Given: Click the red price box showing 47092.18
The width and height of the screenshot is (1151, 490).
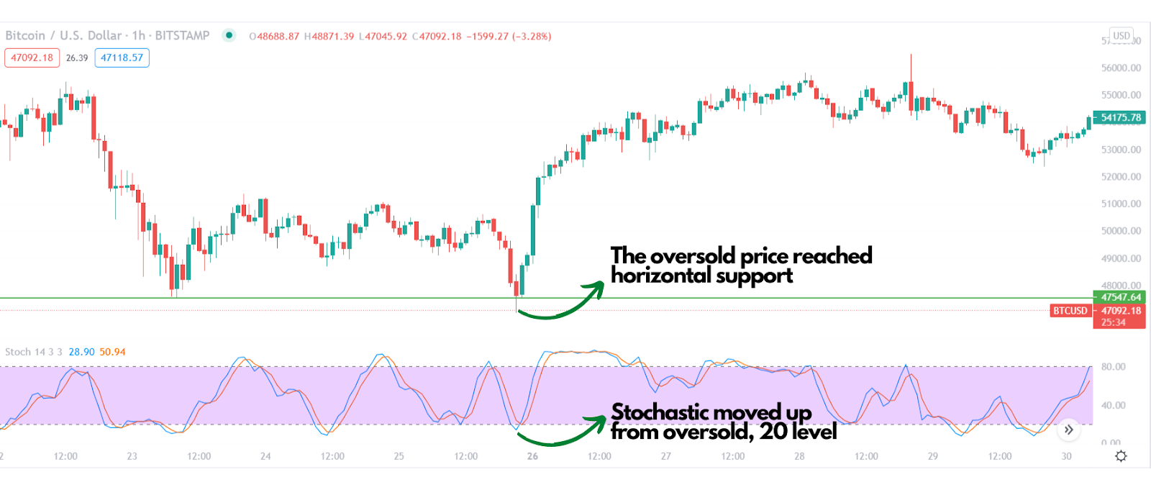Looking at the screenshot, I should coord(32,58).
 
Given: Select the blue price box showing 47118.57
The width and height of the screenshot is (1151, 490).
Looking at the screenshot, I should coord(122,58).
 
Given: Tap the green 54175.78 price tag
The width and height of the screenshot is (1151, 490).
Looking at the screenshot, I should coord(1120,117).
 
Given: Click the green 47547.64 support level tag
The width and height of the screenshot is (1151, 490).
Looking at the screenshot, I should coord(1120,297).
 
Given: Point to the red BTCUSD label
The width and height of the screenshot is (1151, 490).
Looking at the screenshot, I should coord(1070,311).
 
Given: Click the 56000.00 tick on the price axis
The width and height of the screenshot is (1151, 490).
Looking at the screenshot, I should coord(1121,68).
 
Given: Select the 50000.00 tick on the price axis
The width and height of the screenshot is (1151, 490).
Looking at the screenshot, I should coord(1121,231).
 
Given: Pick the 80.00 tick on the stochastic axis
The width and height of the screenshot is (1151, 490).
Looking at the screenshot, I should coord(1113,367).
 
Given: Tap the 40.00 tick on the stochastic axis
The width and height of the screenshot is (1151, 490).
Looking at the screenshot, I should coord(1113,405).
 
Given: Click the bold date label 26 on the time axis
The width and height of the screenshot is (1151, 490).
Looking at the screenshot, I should coord(532,456).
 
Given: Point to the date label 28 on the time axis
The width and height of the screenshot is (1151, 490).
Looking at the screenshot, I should coord(799,456).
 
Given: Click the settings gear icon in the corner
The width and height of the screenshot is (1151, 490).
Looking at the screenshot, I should coord(1121,456).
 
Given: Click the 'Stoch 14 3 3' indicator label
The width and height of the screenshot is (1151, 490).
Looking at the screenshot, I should coord(34,352).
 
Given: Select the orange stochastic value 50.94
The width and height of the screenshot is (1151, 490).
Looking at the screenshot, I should coord(112,352).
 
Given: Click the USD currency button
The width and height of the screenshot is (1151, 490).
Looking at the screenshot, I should coord(1122,35).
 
